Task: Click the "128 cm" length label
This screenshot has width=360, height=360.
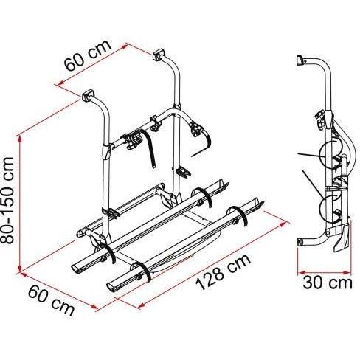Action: click(224, 272)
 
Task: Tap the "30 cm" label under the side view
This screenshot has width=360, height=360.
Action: click(328, 283)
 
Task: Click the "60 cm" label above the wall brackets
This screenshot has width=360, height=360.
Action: click(87, 55)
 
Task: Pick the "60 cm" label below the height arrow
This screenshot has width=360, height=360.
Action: click(51, 301)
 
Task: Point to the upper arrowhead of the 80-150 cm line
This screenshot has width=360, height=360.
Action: click(20, 138)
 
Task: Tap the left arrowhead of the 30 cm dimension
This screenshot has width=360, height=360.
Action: click(301, 272)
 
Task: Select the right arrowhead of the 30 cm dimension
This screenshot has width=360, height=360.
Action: click(347, 272)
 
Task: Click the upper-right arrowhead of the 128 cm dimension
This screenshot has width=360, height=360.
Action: click(283, 224)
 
